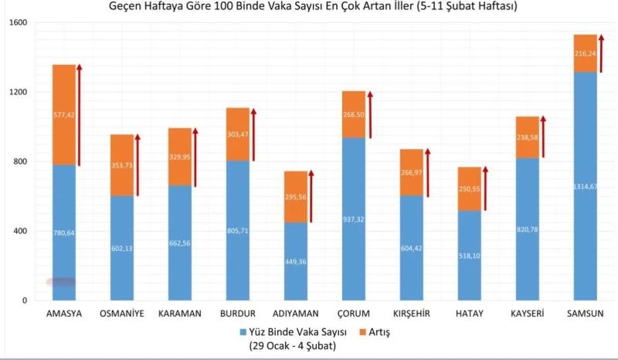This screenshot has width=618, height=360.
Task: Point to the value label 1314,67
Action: pos(585,186)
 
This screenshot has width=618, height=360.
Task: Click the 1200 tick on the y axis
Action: pos(16,92)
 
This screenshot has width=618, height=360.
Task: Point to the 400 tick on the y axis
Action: pos(19,231)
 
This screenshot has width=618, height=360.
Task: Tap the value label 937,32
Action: pos(353,219)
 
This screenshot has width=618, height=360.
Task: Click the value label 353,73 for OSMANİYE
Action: pos(121,165)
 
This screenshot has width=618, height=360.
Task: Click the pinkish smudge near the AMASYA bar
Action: pos(61,282)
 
